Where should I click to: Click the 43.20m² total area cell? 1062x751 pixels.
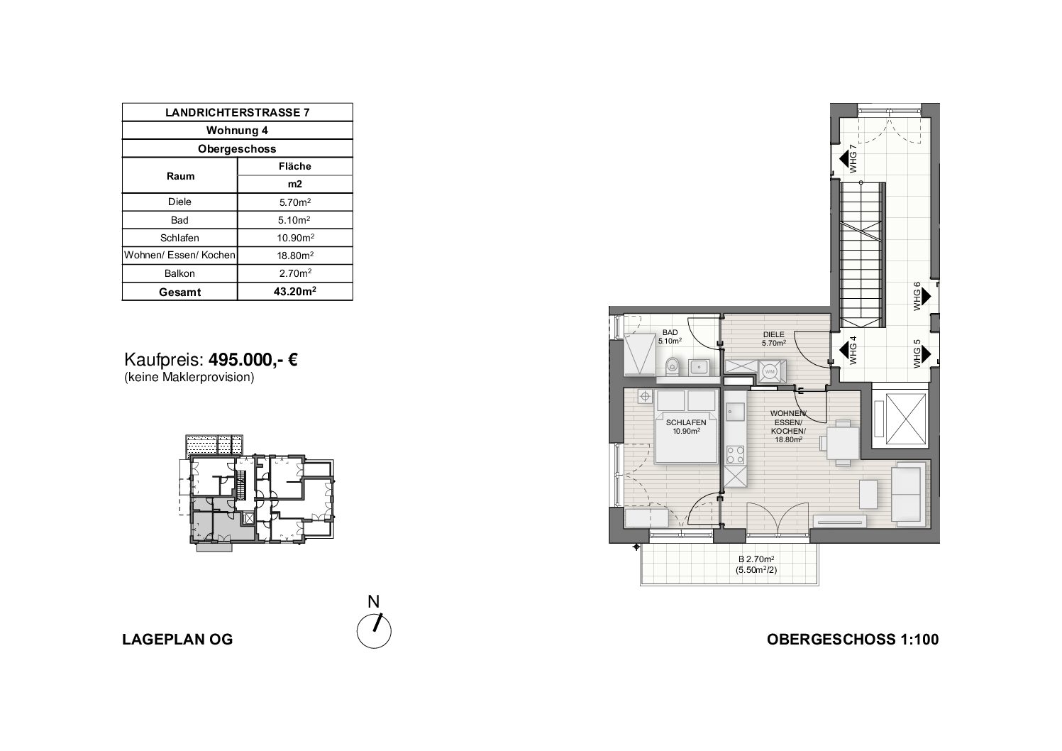pyautogui.click(x=295, y=291)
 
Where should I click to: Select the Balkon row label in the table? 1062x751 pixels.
pyautogui.click(x=179, y=274)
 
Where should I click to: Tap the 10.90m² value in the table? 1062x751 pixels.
pyautogui.click(x=295, y=238)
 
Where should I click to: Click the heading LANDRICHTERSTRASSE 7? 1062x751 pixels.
pyautogui.click(x=237, y=112)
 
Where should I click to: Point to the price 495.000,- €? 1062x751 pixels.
pyautogui.click(x=253, y=360)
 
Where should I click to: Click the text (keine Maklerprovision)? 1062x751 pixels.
pyautogui.click(x=189, y=377)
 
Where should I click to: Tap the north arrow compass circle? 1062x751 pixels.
pyautogui.click(x=374, y=631)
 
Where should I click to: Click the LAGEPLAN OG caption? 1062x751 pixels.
pyautogui.click(x=178, y=640)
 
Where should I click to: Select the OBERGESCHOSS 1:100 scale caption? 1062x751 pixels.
pyautogui.click(x=853, y=640)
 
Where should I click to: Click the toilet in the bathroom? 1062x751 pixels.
pyautogui.click(x=672, y=366)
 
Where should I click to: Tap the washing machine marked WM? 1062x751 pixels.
pyautogui.click(x=770, y=371)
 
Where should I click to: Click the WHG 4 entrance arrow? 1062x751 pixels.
pyautogui.click(x=844, y=350)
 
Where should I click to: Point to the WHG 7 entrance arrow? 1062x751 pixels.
pyautogui.click(x=844, y=159)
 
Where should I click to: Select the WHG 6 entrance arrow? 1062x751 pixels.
pyautogui.click(x=926, y=297)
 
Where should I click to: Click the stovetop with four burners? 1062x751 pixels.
pyautogui.click(x=736, y=454)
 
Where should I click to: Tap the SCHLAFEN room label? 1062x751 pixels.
pyautogui.click(x=686, y=423)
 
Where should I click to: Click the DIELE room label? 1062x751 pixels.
pyautogui.click(x=774, y=334)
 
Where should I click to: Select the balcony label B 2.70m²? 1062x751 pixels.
pyautogui.click(x=756, y=559)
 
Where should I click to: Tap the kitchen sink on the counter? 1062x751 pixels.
pyautogui.click(x=736, y=411)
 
